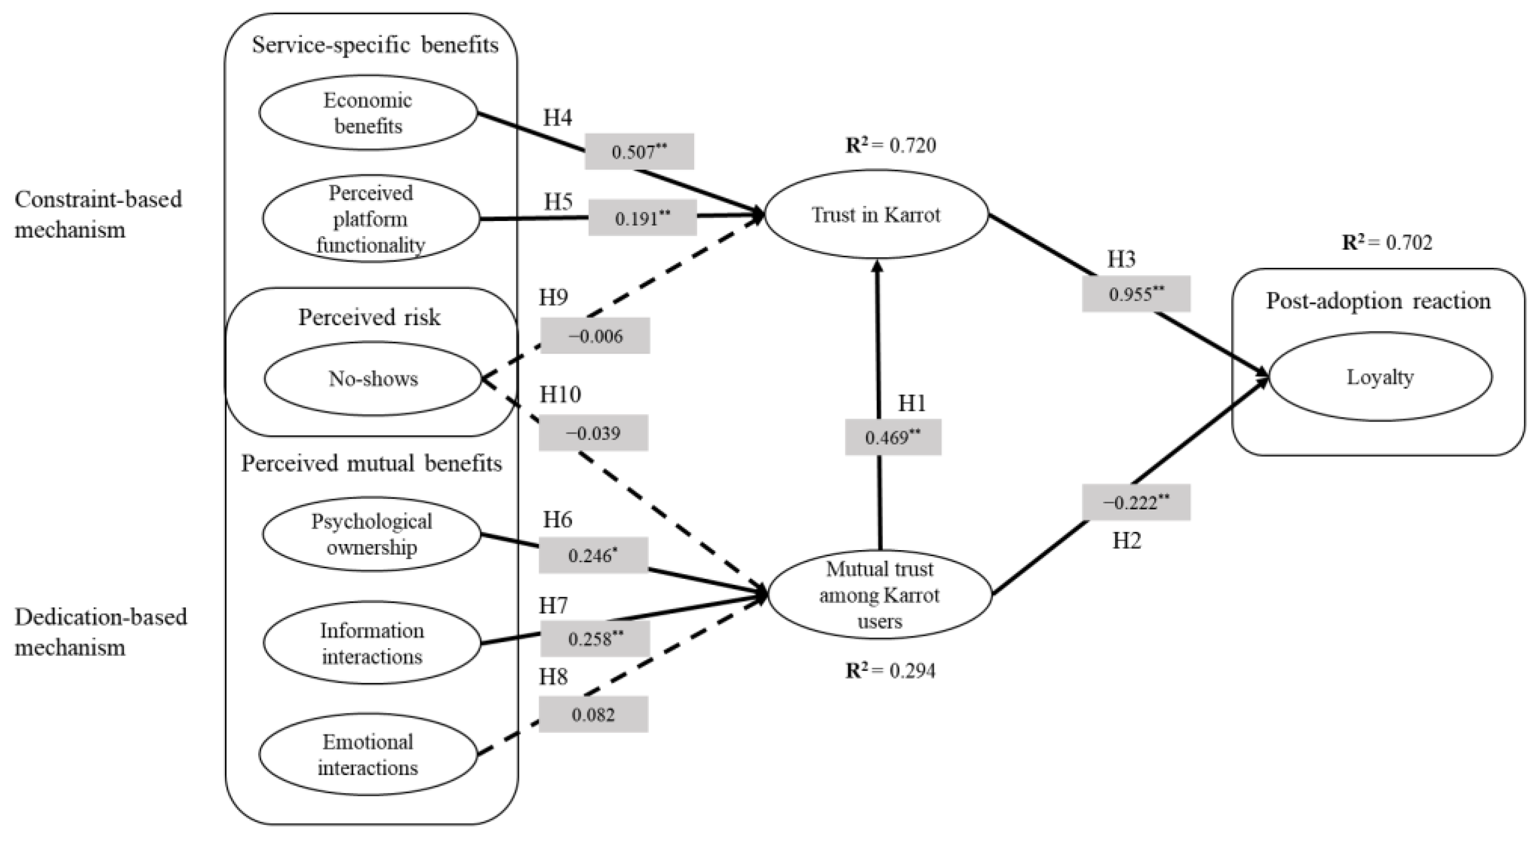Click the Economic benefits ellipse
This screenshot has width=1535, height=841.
[368, 113]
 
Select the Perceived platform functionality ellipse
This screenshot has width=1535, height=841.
[371, 218]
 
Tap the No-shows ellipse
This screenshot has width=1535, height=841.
[372, 378]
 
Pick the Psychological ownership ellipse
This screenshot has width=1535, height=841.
[371, 534]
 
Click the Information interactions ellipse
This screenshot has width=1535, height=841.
[372, 643]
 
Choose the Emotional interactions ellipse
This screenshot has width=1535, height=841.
[368, 754]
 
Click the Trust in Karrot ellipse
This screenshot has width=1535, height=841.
[876, 215]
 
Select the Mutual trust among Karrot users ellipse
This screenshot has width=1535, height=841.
[880, 595]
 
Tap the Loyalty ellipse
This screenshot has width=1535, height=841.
[1380, 377]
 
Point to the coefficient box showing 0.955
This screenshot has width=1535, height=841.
[1136, 294]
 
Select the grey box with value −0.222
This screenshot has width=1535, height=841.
[1136, 502]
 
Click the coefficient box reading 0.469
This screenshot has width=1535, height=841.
[893, 438]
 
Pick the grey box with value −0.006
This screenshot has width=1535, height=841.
[595, 336]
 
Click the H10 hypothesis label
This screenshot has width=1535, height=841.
[560, 394]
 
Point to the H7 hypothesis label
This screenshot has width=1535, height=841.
[553, 605]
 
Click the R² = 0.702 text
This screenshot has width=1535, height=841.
[1387, 243]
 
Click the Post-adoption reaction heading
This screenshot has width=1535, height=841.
[1378, 301]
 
